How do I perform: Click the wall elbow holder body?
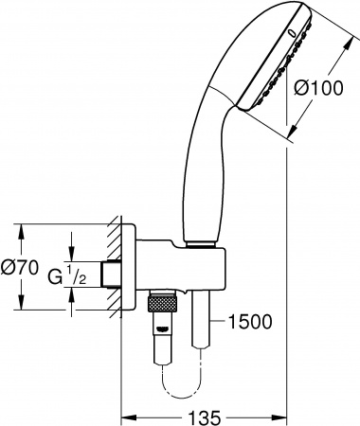click(x=180, y=270)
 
